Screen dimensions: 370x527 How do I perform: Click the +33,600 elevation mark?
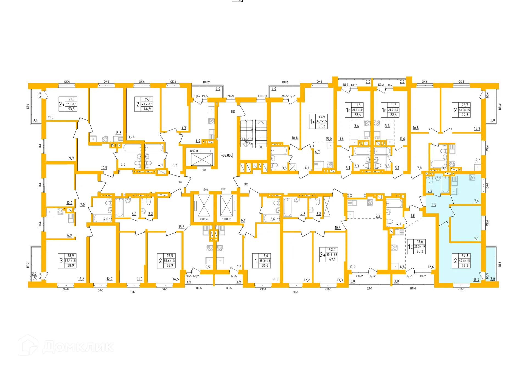point(227,155)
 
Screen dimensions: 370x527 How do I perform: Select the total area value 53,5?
point(71,109)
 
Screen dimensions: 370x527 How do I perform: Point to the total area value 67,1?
point(332,260)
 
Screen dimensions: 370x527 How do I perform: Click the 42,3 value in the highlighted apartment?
point(465,266)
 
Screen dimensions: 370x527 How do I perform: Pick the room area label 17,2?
point(352,267)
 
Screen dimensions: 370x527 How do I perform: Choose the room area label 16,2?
point(81,279)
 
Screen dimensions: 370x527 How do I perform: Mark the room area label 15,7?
point(476,280)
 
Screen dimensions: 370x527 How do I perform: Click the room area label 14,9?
point(477,129)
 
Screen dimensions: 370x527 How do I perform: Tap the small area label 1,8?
point(413,216)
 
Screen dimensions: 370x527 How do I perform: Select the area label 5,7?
point(378,216)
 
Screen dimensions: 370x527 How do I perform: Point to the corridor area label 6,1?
point(243,220)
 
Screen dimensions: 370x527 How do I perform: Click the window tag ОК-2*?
point(360,276)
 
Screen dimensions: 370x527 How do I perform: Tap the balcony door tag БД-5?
point(234,276)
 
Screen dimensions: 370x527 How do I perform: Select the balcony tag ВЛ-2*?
point(206,82)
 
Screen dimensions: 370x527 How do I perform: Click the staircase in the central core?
point(253,134)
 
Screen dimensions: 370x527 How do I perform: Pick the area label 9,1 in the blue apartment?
point(476,238)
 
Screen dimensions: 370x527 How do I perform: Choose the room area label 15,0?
point(329,139)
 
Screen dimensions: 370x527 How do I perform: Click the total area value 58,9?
point(71,266)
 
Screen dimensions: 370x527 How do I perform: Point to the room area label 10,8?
point(416,128)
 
